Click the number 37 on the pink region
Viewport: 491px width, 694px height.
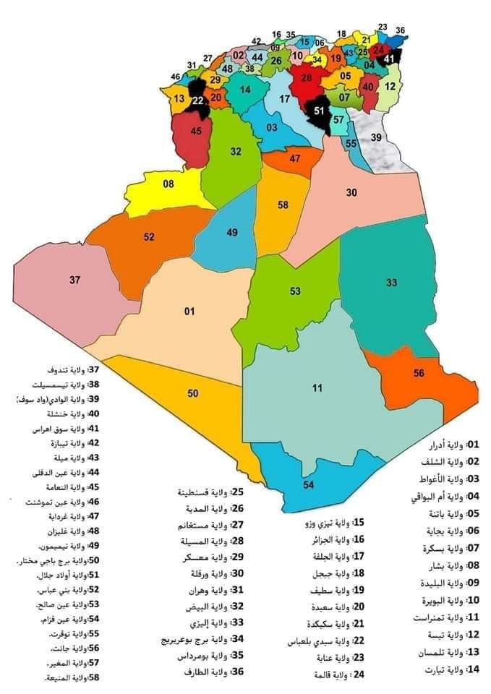click(x=74, y=280)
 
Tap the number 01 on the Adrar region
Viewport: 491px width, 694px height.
click(x=189, y=312)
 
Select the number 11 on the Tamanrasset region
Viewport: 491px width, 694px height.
click(x=317, y=389)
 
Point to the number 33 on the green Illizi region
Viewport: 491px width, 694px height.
click(x=391, y=283)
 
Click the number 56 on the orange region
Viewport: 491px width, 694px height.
click(x=419, y=373)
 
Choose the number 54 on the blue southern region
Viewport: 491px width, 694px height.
click(x=309, y=484)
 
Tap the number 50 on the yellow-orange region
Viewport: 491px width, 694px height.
click(x=192, y=393)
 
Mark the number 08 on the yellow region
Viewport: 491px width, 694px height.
click(x=168, y=184)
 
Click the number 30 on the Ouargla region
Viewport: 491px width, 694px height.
click(x=351, y=192)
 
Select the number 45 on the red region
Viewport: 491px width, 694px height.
click(x=196, y=132)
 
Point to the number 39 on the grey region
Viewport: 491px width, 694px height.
click(x=375, y=137)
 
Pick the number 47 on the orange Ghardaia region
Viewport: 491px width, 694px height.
click(x=294, y=158)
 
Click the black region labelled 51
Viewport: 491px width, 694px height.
click(x=320, y=110)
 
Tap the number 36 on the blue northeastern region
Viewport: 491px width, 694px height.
click(x=401, y=30)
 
